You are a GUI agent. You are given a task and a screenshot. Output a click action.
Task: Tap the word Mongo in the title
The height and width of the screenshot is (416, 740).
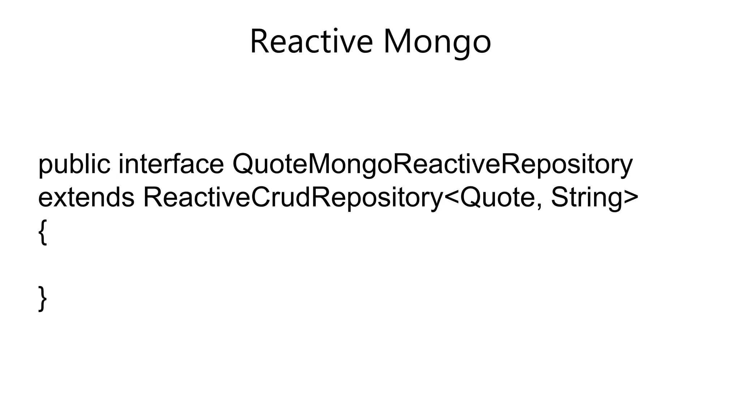[x=437, y=43]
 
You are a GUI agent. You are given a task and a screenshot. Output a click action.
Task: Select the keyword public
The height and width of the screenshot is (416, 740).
[x=74, y=165]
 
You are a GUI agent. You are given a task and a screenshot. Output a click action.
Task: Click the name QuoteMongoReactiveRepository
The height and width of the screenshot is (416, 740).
[x=432, y=165]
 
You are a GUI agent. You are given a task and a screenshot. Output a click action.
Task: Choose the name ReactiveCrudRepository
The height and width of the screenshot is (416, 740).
[x=293, y=198]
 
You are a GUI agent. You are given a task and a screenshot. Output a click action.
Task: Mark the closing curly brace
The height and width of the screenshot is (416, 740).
[x=43, y=298]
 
